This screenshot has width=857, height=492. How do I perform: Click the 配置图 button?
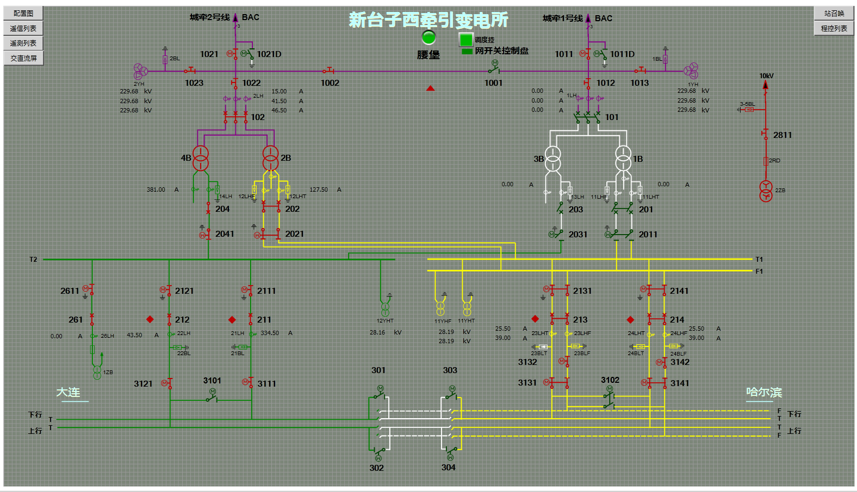tap(23, 13)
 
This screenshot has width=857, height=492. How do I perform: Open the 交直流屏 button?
tap(23, 58)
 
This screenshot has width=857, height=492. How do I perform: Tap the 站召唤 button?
tap(834, 13)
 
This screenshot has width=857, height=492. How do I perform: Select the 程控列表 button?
tap(834, 28)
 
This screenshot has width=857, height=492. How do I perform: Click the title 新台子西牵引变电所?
tap(428, 20)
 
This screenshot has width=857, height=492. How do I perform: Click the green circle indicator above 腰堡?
tap(429, 37)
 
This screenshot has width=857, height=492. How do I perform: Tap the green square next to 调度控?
tap(466, 40)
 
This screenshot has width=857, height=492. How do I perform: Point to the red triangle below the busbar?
tap(431, 88)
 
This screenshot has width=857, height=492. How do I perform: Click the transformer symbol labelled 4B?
tap(201, 157)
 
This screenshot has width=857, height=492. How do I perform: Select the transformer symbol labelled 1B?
tap(623, 158)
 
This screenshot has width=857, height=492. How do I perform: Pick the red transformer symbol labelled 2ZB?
tap(766, 191)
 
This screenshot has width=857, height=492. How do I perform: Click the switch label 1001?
tap(494, 83)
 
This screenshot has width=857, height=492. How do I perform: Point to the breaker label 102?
tap(258, 117)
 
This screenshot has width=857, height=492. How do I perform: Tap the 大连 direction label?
tap(69, 392)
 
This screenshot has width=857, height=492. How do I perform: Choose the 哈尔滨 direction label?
tap(763, 392)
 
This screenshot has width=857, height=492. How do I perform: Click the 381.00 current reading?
tap(156, 190)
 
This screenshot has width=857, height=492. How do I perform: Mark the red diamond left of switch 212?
tap(150, 319)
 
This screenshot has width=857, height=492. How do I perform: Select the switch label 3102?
tap(610, 380)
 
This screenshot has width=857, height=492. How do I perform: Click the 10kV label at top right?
tap(766, 76)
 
